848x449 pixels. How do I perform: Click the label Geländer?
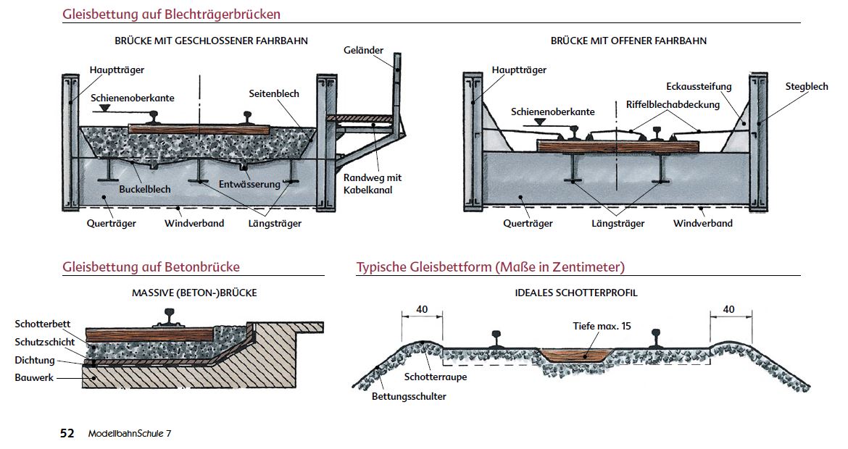(364, 50)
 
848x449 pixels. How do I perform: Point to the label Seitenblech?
(274, 93)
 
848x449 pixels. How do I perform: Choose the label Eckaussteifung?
(699, 86)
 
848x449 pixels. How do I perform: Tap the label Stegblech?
(806, 86)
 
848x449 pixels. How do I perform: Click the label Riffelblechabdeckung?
(673, 104)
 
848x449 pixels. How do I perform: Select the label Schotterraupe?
(436, 377)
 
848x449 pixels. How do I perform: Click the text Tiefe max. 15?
(602, 326)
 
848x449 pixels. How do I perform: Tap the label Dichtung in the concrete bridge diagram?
(34, 360)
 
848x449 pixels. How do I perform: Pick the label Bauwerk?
(34, 377)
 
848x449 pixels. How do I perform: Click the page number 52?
(67, 433)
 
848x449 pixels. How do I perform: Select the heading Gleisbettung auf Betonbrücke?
(151, 267)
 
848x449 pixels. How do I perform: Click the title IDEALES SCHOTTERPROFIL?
(577, 293)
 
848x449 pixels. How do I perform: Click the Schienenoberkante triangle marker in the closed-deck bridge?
(105, 107)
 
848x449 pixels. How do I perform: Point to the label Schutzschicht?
(44, 342)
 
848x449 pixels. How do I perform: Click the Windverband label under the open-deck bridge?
(702, 223)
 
